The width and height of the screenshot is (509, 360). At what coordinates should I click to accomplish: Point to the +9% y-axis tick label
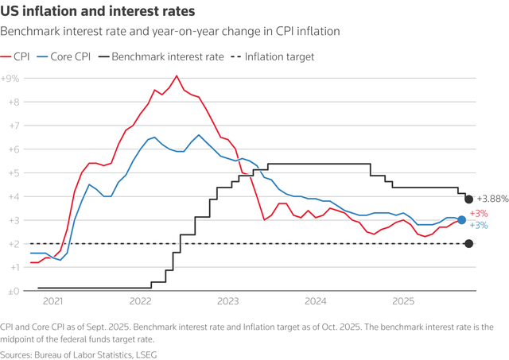click(10, 79)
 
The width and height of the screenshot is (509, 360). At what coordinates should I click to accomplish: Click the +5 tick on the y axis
click(12, 173)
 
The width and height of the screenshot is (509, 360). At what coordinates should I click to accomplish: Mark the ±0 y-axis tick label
click(12, 292)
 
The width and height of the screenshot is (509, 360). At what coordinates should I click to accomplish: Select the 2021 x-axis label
click(53, 302)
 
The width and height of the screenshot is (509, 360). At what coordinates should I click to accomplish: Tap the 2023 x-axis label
click(228, 302)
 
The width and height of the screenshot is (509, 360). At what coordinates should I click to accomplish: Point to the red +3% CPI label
click(479, 214)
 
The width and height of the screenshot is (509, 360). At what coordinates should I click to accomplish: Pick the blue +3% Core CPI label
click(479, 226)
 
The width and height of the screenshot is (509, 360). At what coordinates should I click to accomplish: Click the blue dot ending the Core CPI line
click(462, 220)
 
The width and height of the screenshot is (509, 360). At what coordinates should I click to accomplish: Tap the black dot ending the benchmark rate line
click(469, 199)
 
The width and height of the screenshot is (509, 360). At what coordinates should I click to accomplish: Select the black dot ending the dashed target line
click(469, 244)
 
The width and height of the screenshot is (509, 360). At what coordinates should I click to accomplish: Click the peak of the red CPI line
click(177, 76)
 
